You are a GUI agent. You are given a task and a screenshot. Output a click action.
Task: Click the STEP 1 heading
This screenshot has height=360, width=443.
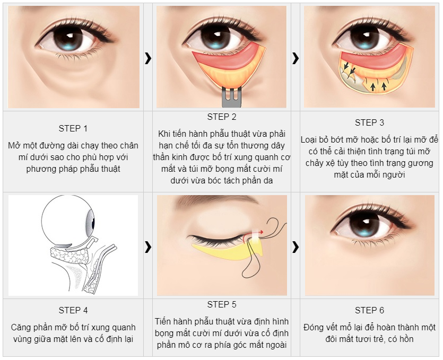tap(73, 128)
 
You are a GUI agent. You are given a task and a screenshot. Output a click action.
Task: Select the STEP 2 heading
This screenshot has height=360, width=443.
tap(222, 117)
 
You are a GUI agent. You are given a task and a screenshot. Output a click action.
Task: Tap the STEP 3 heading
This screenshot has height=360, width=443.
tap(370, 122)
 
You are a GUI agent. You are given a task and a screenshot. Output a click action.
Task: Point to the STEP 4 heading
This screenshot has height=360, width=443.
tap(73, 310)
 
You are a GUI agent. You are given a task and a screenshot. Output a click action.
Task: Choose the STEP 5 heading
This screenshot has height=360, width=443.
tap(222, 304)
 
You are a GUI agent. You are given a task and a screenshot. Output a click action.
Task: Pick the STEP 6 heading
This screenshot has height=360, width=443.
tap(370, 310)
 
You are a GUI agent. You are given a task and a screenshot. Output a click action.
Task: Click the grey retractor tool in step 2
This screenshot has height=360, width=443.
tap(231, 97)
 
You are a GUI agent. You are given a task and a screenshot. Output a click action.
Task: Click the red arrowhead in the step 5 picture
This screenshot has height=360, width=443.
tap(262, 232)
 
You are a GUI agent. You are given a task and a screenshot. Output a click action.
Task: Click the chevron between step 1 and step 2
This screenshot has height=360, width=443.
tap(148, 58)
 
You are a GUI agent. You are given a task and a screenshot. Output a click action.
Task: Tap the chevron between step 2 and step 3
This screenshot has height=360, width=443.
tap(296, 58)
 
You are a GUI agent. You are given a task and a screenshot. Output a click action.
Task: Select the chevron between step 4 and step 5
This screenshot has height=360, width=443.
tap(148, 247)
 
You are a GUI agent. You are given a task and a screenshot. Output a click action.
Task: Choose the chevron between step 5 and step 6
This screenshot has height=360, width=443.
tap(296, 247)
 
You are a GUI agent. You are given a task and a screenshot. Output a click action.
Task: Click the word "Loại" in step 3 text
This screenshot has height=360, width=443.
tap(309, 140)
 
